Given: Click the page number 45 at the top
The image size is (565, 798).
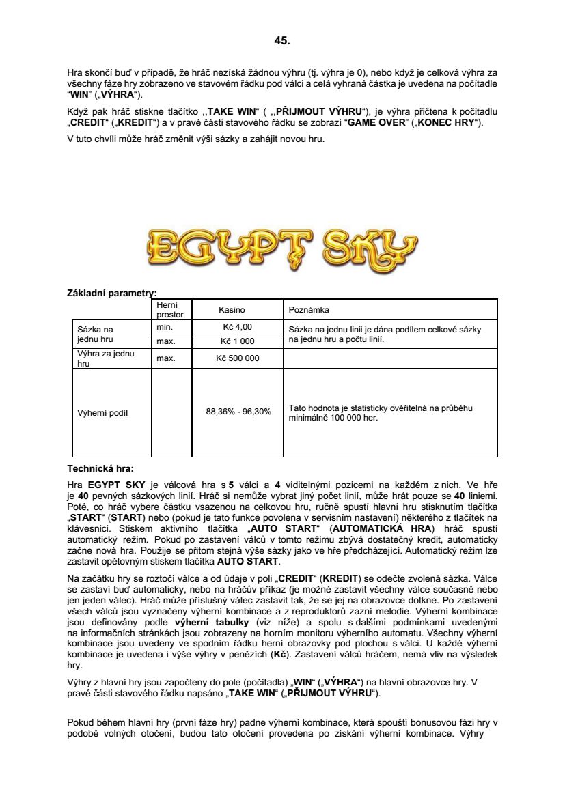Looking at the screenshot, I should [x=282, y=41].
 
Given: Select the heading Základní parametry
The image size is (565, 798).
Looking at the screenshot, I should [x=111, y=293].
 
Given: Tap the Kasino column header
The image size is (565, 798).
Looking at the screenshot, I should [x=232, y=309].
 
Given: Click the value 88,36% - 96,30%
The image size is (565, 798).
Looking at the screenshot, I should [x=238, y=412].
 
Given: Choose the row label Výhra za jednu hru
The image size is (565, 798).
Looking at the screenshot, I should [x=106, y=358].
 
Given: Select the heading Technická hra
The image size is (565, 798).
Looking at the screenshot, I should [x=100, y=469].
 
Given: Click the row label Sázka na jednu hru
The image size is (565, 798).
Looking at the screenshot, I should [x=96, y=334].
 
